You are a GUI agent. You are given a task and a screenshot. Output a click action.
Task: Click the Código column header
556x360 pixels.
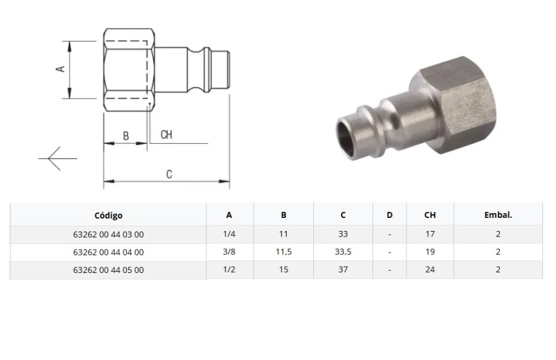(108, 216)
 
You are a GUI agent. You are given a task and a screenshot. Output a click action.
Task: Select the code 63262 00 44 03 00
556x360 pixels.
(108, 234)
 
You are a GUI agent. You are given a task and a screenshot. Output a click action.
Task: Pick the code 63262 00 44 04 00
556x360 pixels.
(108, 252)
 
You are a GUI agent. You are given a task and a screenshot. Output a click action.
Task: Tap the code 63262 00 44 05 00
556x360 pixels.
(108, 270)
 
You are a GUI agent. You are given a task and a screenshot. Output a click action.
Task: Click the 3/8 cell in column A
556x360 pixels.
(229, 252)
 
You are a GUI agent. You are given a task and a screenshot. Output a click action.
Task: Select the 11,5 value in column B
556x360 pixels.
(284, 252)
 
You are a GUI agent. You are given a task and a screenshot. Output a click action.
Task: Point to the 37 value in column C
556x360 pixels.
(343, 270)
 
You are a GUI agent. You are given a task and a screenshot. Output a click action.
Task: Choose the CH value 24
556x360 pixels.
(430, 270)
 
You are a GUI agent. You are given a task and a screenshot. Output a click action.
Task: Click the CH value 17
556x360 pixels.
(430, 234)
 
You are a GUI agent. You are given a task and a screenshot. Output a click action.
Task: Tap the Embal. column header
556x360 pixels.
(498, 216)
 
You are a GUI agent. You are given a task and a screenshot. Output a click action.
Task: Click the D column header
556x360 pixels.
(389, 216)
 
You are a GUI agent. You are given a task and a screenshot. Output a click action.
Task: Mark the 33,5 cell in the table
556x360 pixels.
(343, 252)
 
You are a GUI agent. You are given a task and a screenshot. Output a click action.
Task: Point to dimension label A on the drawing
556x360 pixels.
(61, 69)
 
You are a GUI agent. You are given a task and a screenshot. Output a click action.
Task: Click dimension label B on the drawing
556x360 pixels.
(125, 135)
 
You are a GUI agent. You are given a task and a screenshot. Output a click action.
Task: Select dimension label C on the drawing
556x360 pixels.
(169, 174)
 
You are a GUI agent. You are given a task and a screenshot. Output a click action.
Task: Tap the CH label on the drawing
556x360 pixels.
(166, 135)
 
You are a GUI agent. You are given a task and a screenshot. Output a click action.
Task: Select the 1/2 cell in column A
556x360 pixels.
(229, 270)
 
